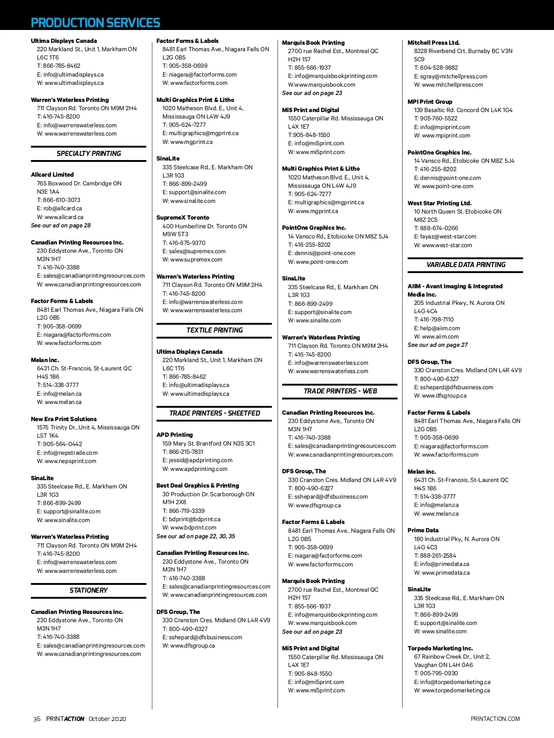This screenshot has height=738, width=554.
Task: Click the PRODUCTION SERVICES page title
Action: (x=95, y=23)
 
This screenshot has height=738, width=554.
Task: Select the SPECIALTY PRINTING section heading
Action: (x=89, y=154)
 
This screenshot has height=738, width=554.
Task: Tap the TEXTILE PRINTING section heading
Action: (x=214, y=330)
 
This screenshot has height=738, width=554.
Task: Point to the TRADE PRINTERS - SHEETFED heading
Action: (x=214, y=413)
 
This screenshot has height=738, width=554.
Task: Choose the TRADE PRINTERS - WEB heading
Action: (x=340, y=391)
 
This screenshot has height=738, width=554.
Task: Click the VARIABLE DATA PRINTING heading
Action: (x=465, y=265)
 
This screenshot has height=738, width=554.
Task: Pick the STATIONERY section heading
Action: (x=89, y=590)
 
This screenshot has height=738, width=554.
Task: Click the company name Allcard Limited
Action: (x=52, y=175)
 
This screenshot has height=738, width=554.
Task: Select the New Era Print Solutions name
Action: (x=64, y=419)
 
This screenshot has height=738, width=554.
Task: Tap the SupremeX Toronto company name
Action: (x=183, y=218)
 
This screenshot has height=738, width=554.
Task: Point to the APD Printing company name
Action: (x=175, y=435)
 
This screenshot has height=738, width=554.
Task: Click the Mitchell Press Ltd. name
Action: (x=434, y=42)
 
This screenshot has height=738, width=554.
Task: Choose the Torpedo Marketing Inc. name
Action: (x=440, y=649)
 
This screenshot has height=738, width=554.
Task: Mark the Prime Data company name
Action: (x=423, y=530)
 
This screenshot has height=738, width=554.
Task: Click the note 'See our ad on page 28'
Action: (x=60, y=226)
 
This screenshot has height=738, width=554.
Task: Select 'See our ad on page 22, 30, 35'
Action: (x=196, y=536)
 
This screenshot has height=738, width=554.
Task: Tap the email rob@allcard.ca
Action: (x=63, y=208)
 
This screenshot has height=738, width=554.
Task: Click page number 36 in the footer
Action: (x=37, y=719)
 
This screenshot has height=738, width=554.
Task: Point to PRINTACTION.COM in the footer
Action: (x=495, y=719)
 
